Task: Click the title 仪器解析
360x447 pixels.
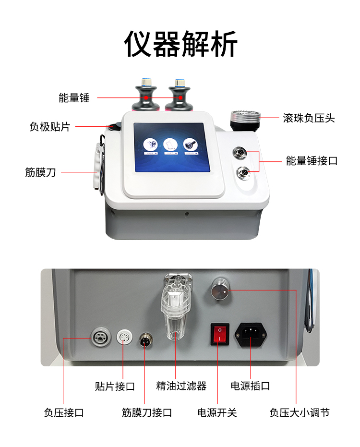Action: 180,44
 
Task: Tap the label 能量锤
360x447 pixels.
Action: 74,98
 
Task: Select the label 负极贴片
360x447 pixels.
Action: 49,127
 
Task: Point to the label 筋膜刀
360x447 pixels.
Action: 40,172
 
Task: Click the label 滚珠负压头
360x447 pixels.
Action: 309,118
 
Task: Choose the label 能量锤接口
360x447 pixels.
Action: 312,161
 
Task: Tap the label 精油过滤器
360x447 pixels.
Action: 181,386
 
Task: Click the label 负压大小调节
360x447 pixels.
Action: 300,412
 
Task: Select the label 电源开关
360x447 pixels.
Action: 217,412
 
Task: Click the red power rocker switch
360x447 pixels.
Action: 220,334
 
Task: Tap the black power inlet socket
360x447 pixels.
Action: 251,334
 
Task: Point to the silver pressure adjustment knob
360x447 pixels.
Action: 220,289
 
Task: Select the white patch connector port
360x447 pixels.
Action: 125,337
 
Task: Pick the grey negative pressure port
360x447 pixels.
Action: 101,337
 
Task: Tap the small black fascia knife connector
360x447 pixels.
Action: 145,339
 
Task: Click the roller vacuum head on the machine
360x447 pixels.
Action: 245,121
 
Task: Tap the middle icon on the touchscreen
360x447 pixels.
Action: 170,145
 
